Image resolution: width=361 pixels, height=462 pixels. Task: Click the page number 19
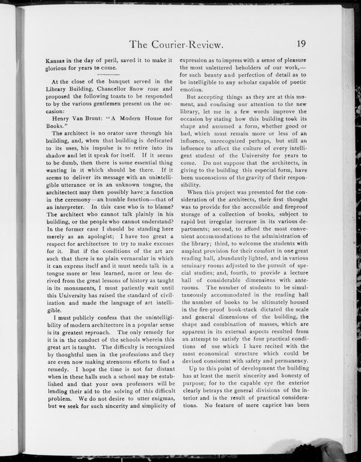[x=303, y=43]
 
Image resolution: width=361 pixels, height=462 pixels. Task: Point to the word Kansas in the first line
[x=58, y=60]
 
